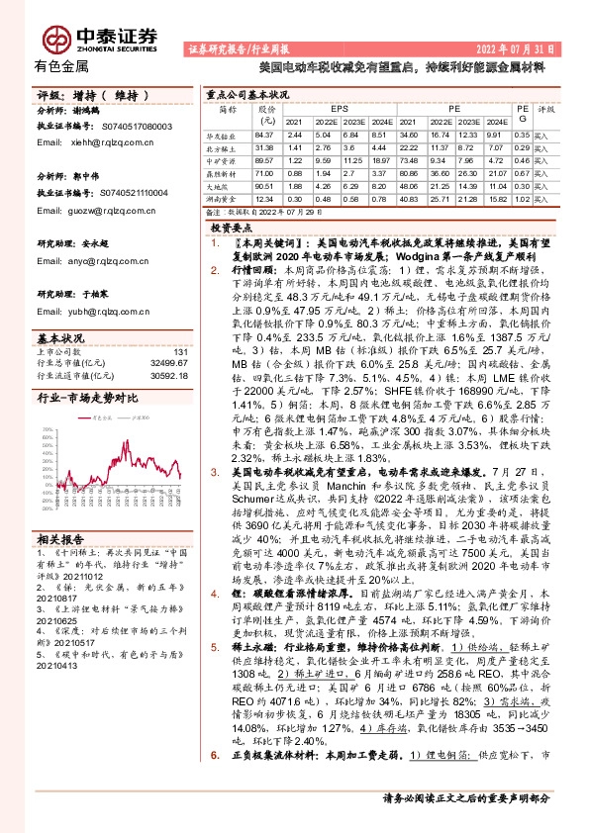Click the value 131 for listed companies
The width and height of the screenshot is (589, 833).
pyautogui.click(x=180, y=352)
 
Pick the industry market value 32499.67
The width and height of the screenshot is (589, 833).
pyautogui.click(x=170, y=363)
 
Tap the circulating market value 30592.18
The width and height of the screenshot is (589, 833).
pyautogui.click(x=170, y=374)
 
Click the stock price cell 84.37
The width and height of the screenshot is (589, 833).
pyautogui.click(x=263, y=134)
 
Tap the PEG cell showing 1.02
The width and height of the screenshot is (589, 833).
pyautogui.click(x=522, y=198)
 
